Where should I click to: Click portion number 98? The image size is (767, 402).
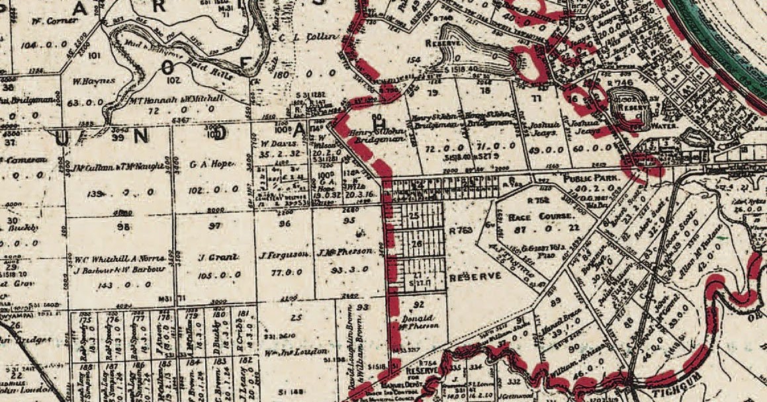pyautogui.click(x=103, y=226)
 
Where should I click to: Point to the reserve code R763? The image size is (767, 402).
pyautogui.click(x=461, y=231)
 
